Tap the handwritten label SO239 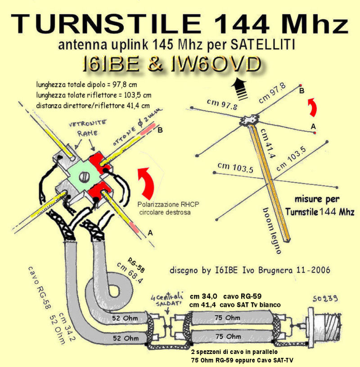(325, 299)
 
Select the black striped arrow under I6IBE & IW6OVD (239, 89)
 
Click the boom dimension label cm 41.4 (267, 143)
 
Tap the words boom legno (272, 231)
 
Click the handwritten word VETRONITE (87, 123)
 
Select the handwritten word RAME (87, 133)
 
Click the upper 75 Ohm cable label (227, 318)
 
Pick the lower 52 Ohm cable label (126, 338)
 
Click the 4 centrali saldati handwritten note (167, 300)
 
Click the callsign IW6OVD (216, 64)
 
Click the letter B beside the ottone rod (160, 130)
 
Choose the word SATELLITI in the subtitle (262, 44)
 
